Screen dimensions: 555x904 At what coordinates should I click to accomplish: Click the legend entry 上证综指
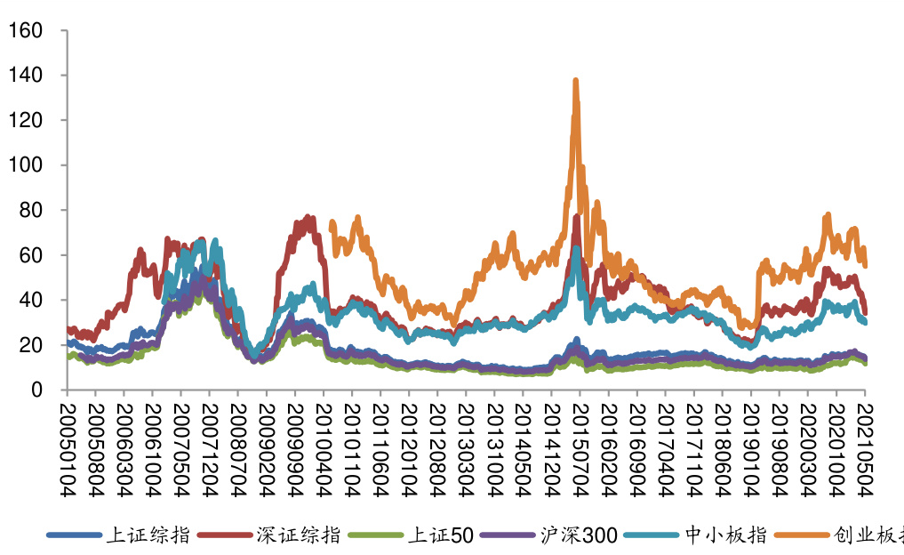coord(148,535)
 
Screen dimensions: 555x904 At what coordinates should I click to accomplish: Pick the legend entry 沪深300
coord(578,535)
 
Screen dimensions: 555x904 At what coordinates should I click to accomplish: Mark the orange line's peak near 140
coord(576,81)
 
